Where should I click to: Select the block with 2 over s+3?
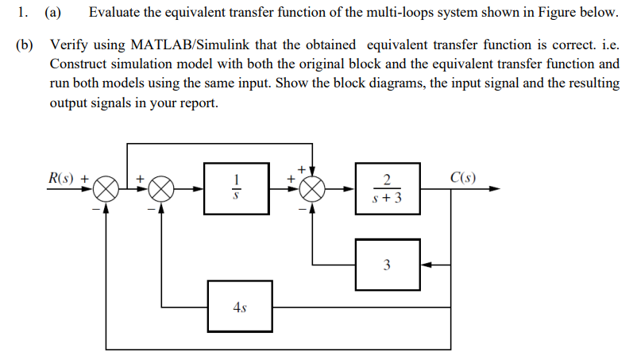tap(387, 189)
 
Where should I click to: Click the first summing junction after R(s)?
tap(108, 189)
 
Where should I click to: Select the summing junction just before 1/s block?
tap(161, 189)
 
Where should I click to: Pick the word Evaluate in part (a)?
tap(116, 13)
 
